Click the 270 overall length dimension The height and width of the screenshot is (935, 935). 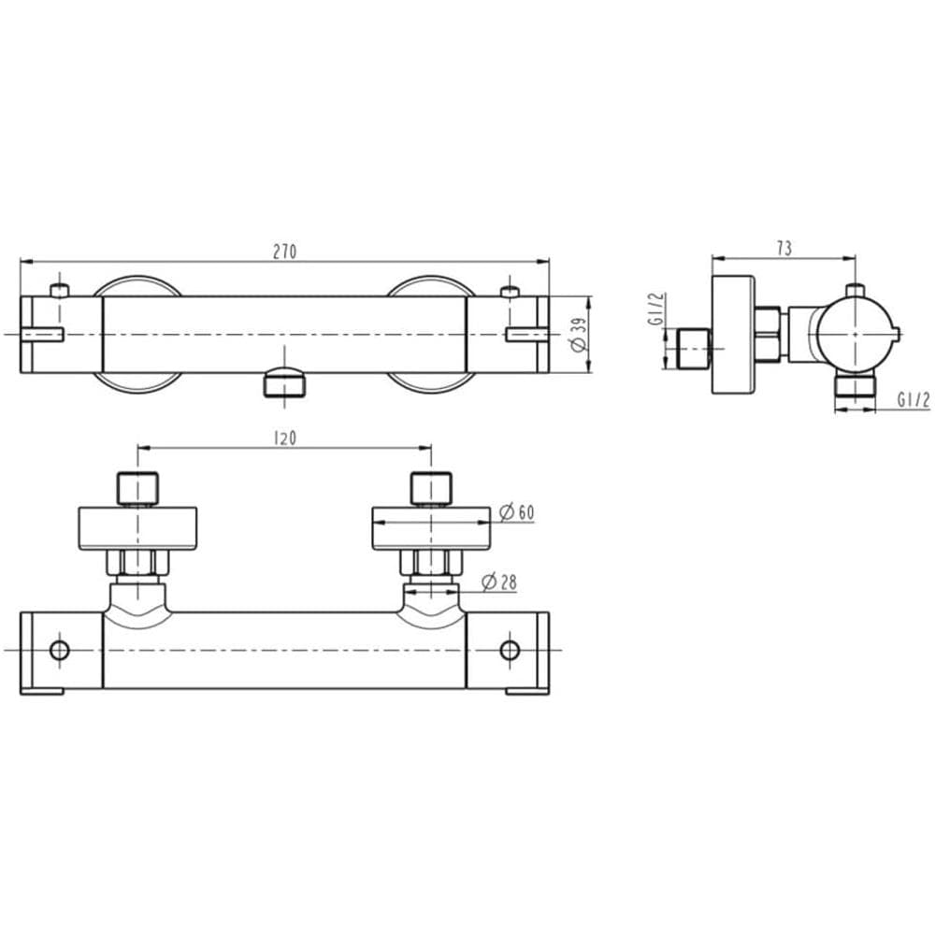[284, 252]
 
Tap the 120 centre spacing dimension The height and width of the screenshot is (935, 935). [284, 439]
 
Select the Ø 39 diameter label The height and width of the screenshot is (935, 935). [579, 335]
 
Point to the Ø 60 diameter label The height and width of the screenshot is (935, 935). [516, 512]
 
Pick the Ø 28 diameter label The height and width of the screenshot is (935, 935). [499, 582]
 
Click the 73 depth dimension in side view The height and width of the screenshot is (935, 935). [784, 248]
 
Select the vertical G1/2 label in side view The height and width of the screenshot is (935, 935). [656, 309]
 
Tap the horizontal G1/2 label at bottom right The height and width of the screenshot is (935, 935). [913, 401]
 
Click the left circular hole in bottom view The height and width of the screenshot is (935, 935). [60, 650]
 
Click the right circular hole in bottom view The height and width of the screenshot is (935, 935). [510, 650]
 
